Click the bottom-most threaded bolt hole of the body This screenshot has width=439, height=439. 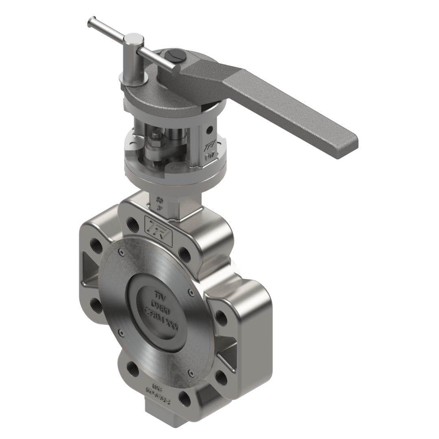(x=185, y=398)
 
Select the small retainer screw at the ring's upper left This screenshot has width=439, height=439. (x=121, y=253)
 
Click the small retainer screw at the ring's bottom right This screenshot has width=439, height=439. (x=191, y=372)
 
